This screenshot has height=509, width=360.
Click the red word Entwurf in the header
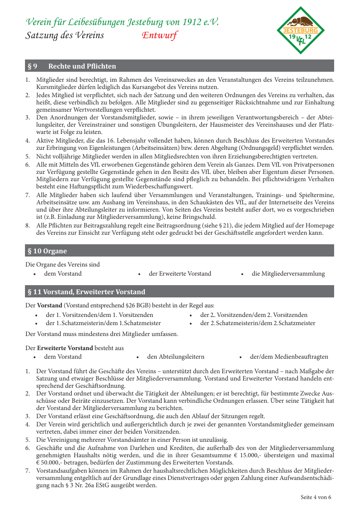[159, 35]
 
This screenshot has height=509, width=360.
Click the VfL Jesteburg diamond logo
[301, 30]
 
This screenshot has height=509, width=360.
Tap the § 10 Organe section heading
[47, 251]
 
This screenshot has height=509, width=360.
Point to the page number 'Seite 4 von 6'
[316, 497]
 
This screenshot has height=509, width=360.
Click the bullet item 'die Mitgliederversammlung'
[288, 273]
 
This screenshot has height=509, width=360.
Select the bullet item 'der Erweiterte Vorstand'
[180, 273]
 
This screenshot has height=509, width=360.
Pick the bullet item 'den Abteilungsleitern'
[176, 357]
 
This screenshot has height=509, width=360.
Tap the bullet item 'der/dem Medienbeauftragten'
[289, 357]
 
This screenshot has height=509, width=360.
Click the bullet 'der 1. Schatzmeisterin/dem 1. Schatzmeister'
[104, 323]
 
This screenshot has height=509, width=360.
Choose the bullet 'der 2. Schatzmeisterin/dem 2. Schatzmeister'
[257, 323]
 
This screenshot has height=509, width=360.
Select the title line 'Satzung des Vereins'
[64, 35]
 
